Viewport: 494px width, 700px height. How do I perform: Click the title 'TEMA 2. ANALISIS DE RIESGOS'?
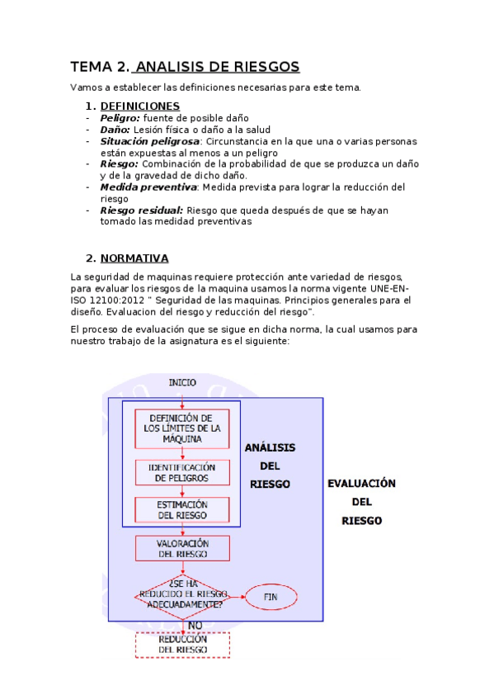(185, 67)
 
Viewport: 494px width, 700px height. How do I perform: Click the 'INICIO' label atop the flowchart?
(182, 382)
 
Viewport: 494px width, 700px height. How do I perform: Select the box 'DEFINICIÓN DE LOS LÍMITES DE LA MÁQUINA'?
(182, 428)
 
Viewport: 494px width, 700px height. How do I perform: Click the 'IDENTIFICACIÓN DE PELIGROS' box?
(182, 472)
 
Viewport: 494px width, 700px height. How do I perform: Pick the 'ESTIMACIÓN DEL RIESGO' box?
(182, 509)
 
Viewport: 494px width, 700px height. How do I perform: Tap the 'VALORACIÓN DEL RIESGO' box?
(182, 549)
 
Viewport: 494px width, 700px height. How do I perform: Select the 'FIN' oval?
(271, 597)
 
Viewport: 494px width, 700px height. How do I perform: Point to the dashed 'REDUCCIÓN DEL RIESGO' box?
(182, 645)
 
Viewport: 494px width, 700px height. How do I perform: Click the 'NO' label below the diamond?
(195, 625)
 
